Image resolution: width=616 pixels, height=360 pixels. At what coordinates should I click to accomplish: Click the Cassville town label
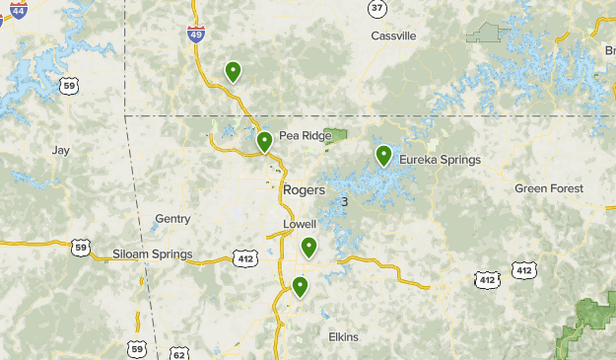(x=393, y=36)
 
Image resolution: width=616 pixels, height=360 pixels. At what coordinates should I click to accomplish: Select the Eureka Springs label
(x=440, y=160)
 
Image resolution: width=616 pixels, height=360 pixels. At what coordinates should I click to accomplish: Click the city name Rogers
(x=303, y=189)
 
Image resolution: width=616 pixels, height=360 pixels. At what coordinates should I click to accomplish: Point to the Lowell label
(x=300, y=224)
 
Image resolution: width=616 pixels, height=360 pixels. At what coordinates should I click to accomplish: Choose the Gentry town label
(x=172, y=219)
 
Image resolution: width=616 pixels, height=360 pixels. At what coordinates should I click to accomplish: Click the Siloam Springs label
(x=152, y=254)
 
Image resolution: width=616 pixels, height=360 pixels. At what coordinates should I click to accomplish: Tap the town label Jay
(x=61, y=150)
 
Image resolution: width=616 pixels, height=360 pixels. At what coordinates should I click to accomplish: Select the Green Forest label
(x=549, y=188)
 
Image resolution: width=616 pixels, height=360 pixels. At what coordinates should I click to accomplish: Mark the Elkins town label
(x=343, y=337)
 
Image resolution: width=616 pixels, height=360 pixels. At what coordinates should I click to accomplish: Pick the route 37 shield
(x=376, y=8)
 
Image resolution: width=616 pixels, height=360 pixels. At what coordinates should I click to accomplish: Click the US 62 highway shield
(x=178, y=352)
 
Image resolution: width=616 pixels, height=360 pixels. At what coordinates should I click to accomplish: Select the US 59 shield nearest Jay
(x=68, y=87)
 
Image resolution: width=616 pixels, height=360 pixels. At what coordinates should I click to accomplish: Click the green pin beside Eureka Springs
(x=383, y=155)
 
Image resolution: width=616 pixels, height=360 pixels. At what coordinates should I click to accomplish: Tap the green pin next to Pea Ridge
(x=264, y=142)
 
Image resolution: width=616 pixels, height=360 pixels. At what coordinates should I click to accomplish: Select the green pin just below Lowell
(x=308, y=247)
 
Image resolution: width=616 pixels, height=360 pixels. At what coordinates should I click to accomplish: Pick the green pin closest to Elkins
(x=300, y=286)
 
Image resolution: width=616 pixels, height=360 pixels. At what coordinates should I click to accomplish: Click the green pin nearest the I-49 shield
(x=233, y=71)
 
